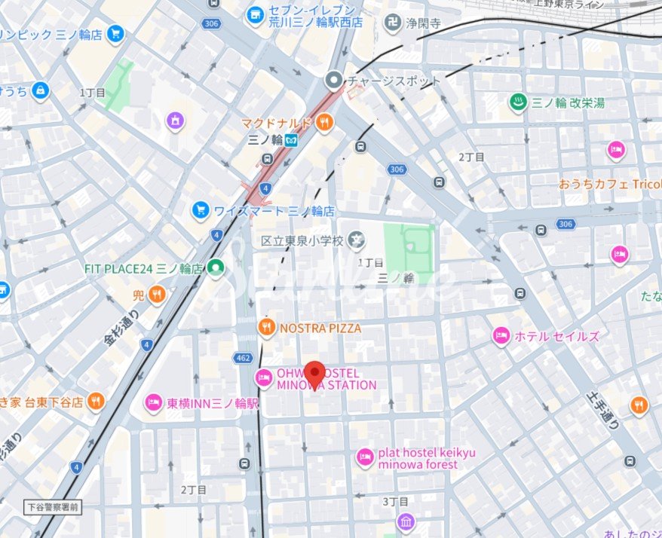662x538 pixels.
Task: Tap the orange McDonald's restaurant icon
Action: coord(324,122)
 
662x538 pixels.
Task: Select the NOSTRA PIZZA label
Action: coord(320,329)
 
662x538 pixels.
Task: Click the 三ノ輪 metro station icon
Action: coord(290,140)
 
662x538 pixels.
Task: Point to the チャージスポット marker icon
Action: coord(333,79)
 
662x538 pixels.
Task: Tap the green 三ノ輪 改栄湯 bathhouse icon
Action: coord(518,102)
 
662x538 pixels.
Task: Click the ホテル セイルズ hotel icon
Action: coord(501,336)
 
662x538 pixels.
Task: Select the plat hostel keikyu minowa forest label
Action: coord(418,458)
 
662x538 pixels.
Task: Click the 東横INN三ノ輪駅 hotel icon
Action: coord(154,403)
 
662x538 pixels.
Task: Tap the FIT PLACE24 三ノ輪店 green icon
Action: coord(216,267)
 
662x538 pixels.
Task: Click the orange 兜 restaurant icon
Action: coord(157,294)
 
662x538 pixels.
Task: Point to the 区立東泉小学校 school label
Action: coord(302,241)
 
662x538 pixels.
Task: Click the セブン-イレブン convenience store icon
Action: coord(254,14)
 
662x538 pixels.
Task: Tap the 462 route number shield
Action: coord(243,357)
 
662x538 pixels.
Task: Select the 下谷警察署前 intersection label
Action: coord(51,507)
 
